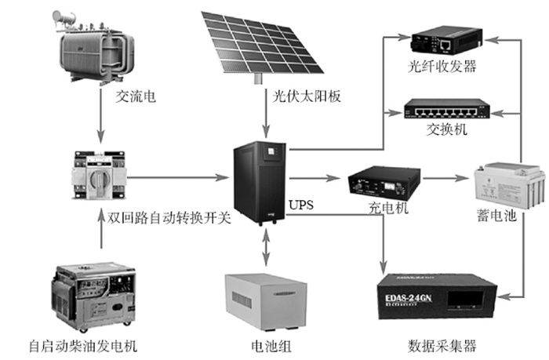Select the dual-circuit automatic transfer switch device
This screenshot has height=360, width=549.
coord(97,176)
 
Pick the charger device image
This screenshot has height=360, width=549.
coord(378,184)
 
